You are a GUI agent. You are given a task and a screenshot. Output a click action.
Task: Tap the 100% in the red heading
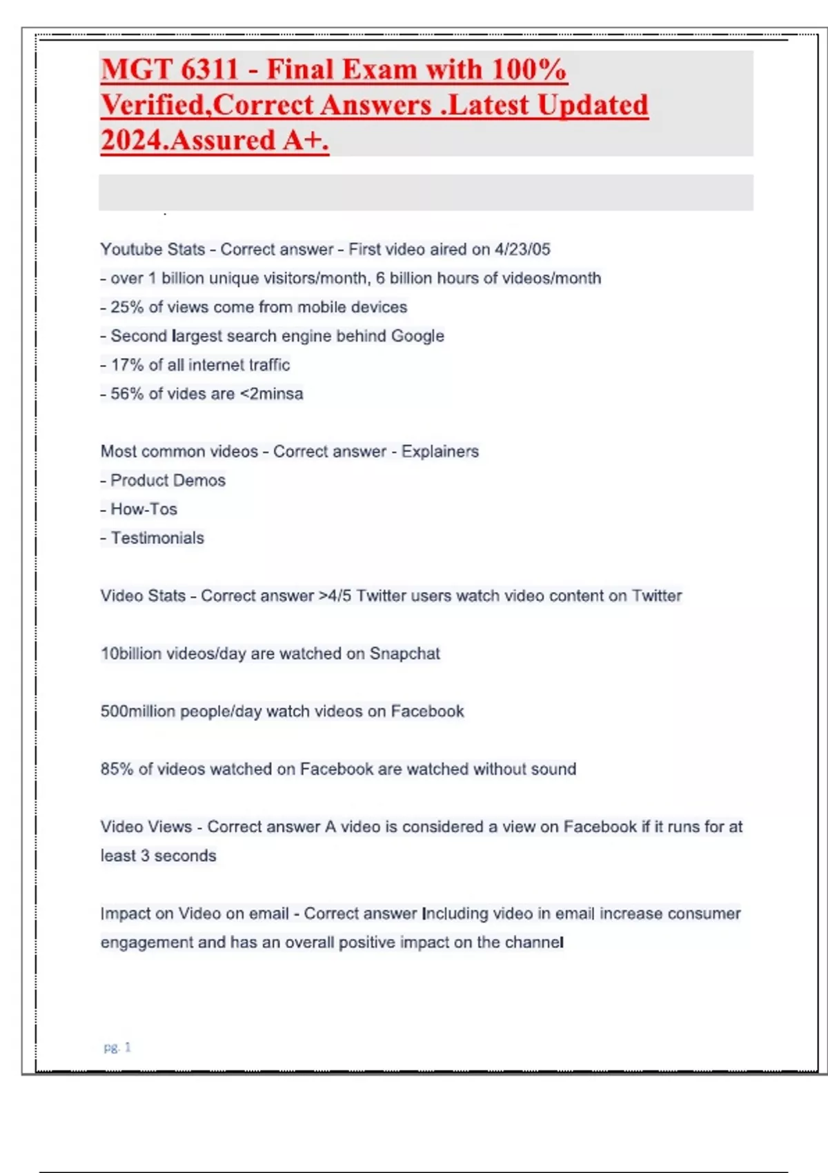(x=529, y=70)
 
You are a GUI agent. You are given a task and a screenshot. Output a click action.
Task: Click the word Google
(x=417, y=336)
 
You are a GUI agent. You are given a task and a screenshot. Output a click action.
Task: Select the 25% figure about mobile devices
(x=127, y=307)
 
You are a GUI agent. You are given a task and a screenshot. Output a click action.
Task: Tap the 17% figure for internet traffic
(x=127, y=365)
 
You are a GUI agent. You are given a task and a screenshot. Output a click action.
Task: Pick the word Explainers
(x=440, y=451)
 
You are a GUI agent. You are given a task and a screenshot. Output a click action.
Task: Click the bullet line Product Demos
(x=168, y=480)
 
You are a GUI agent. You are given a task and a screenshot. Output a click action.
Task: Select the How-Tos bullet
(x=144, y=509)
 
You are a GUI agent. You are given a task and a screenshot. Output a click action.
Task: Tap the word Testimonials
(x=157, y=538)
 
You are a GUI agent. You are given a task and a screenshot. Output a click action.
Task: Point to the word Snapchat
(x=404, y=653)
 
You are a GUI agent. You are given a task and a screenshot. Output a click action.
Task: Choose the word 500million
(x=138, y=711)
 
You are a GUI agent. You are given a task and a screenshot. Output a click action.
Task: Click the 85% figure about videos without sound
(x=117, y=769)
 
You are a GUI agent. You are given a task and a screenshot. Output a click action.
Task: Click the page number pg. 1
(x=117, y=1047)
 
